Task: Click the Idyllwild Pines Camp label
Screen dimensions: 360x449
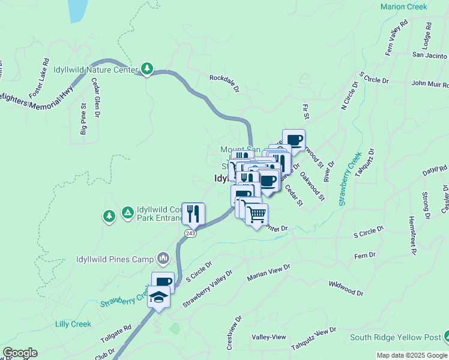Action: point(115,259)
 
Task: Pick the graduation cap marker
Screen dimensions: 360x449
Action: point(158,298)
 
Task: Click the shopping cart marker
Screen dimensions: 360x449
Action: point(256,214)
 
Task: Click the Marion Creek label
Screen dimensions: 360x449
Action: point(403,7)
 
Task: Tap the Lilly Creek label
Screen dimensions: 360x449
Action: point(73,324)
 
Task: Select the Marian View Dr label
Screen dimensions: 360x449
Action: point(268,272)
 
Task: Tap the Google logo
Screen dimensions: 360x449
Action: point(19,353)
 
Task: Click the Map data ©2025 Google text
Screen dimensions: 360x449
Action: point(411,355)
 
